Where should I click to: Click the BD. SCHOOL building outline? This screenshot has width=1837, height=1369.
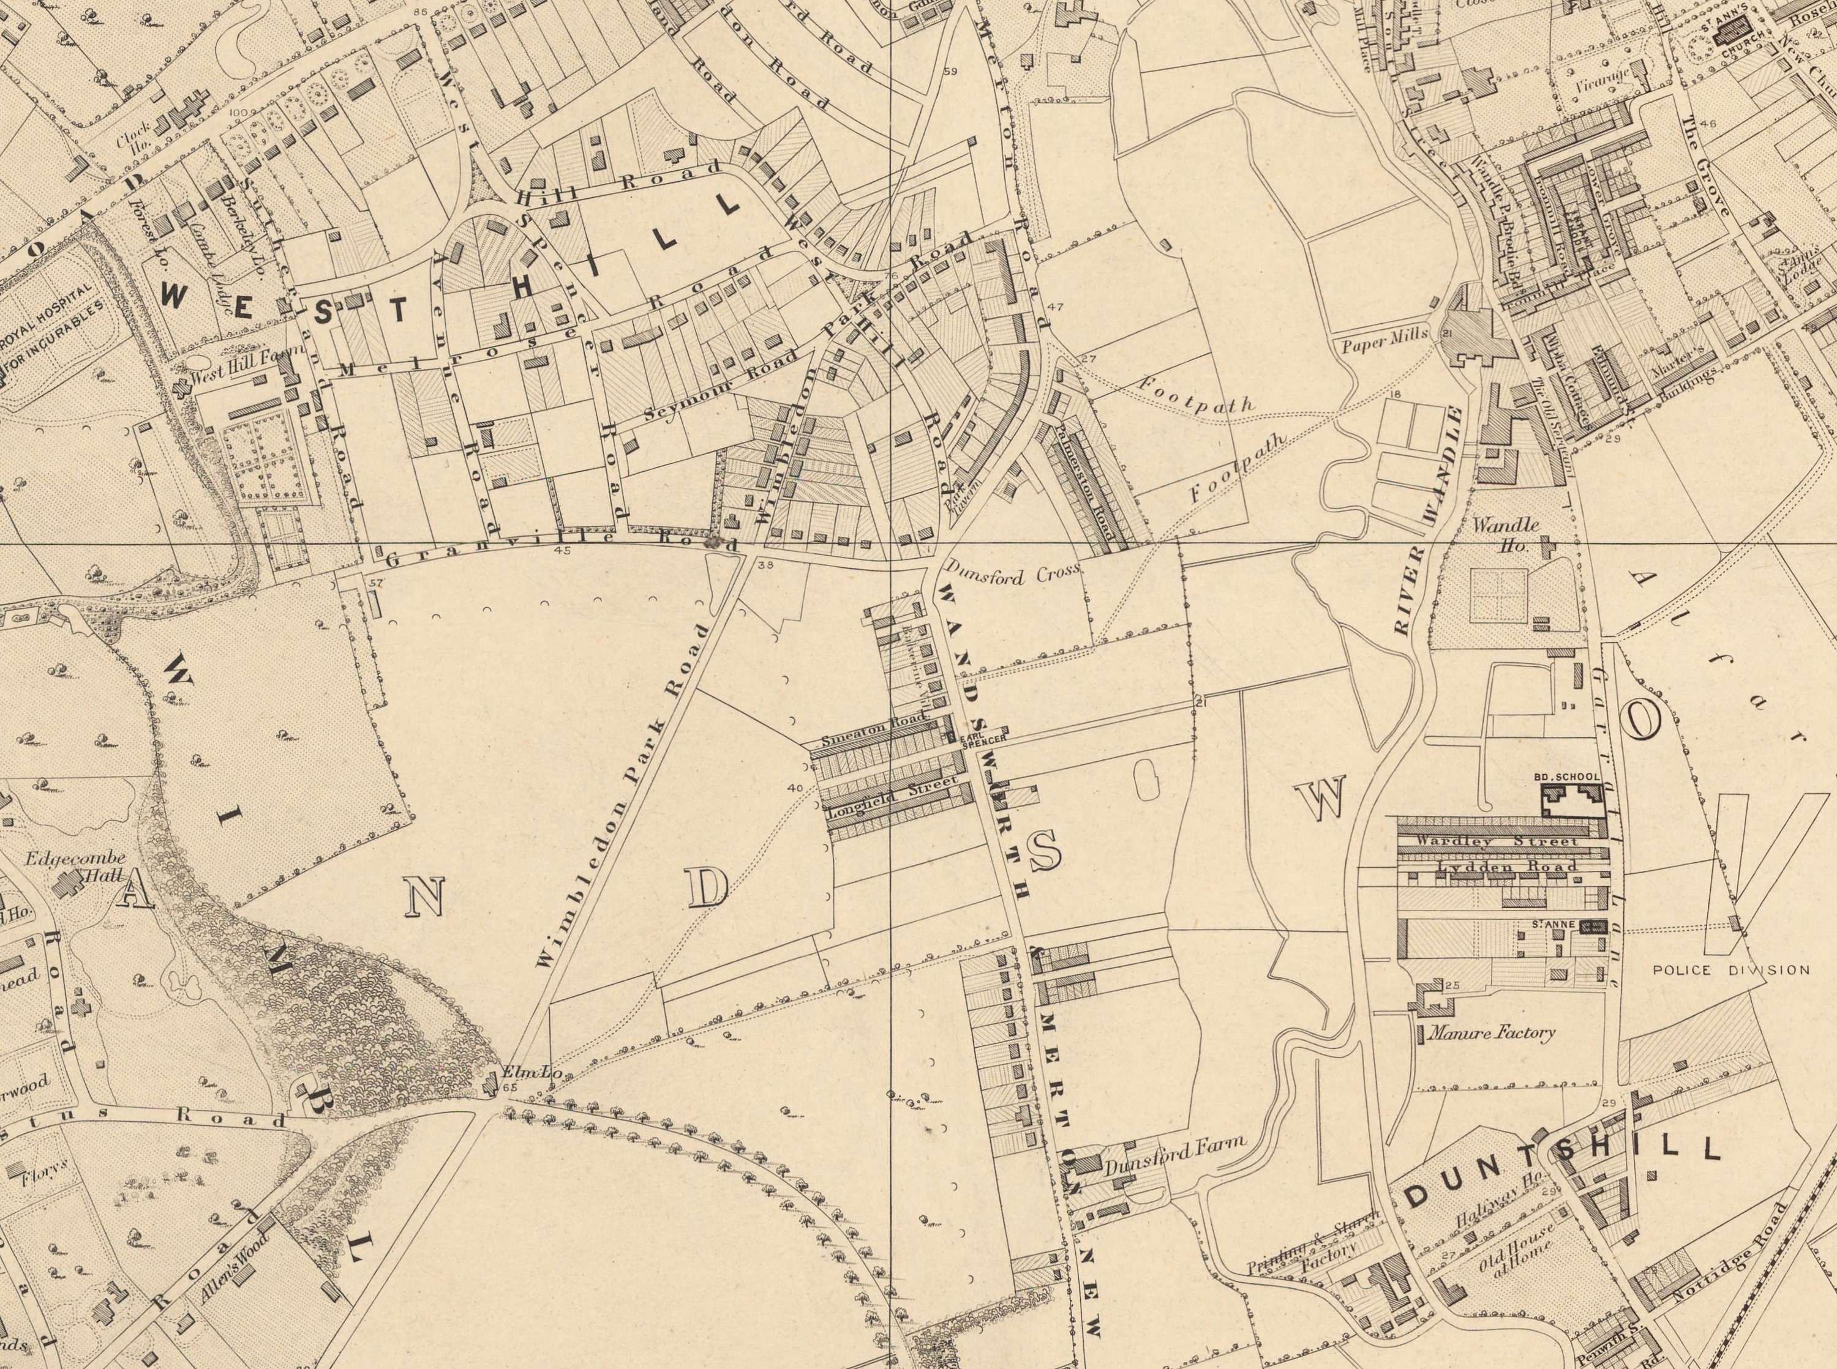click(x=1571, y=800)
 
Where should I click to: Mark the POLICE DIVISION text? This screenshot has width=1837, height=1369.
click(x=1731, y=969)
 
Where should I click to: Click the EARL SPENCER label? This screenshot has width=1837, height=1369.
click(x=983, y=740)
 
